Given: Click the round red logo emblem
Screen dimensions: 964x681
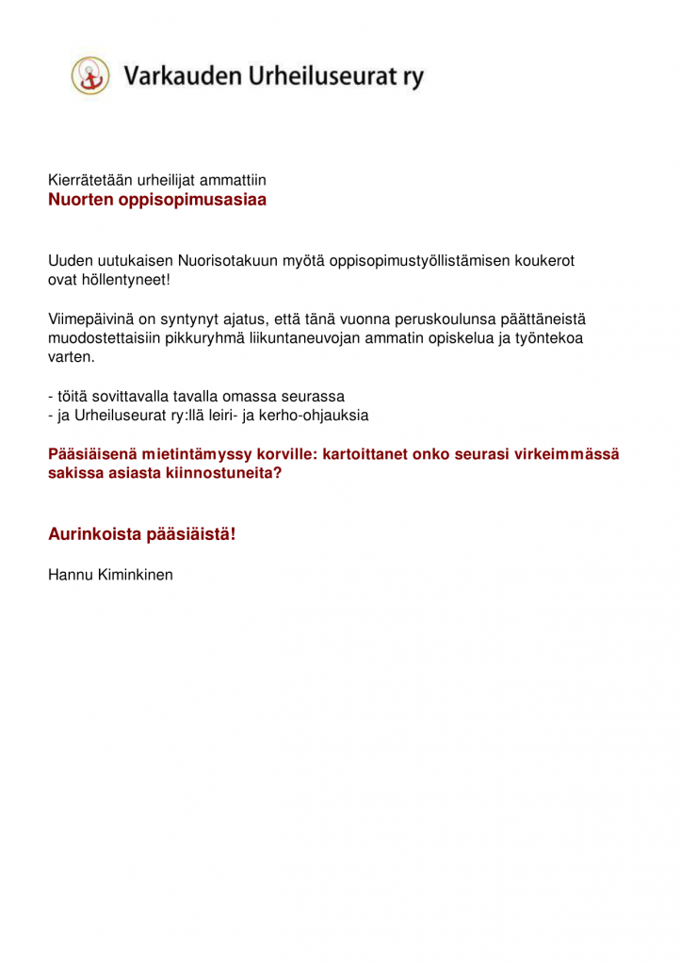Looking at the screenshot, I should tap(90, 75).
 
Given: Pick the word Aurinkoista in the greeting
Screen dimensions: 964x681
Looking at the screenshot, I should tap(94, 534).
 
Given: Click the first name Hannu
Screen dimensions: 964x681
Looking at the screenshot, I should tap(70, 573).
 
